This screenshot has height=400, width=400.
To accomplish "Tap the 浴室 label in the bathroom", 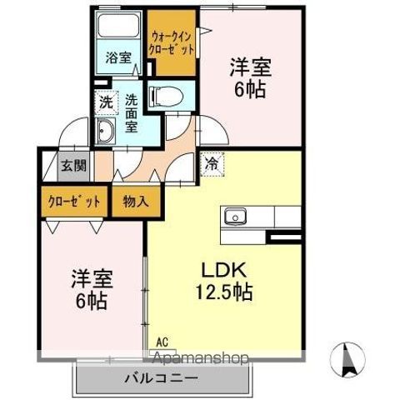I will click(x=118, y=57).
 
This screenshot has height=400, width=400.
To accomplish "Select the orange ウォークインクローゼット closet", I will click(x=172, y=42).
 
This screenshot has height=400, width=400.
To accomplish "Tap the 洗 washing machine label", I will click(x=106, y=103).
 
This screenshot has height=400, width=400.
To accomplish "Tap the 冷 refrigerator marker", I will click(x=212, y=164).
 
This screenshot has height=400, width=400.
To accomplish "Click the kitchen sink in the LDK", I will click(x=235, y=217).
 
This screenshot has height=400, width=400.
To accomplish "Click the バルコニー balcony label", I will click(x=162, y=378).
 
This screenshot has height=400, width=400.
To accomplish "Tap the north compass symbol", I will click(x=351, y=359).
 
